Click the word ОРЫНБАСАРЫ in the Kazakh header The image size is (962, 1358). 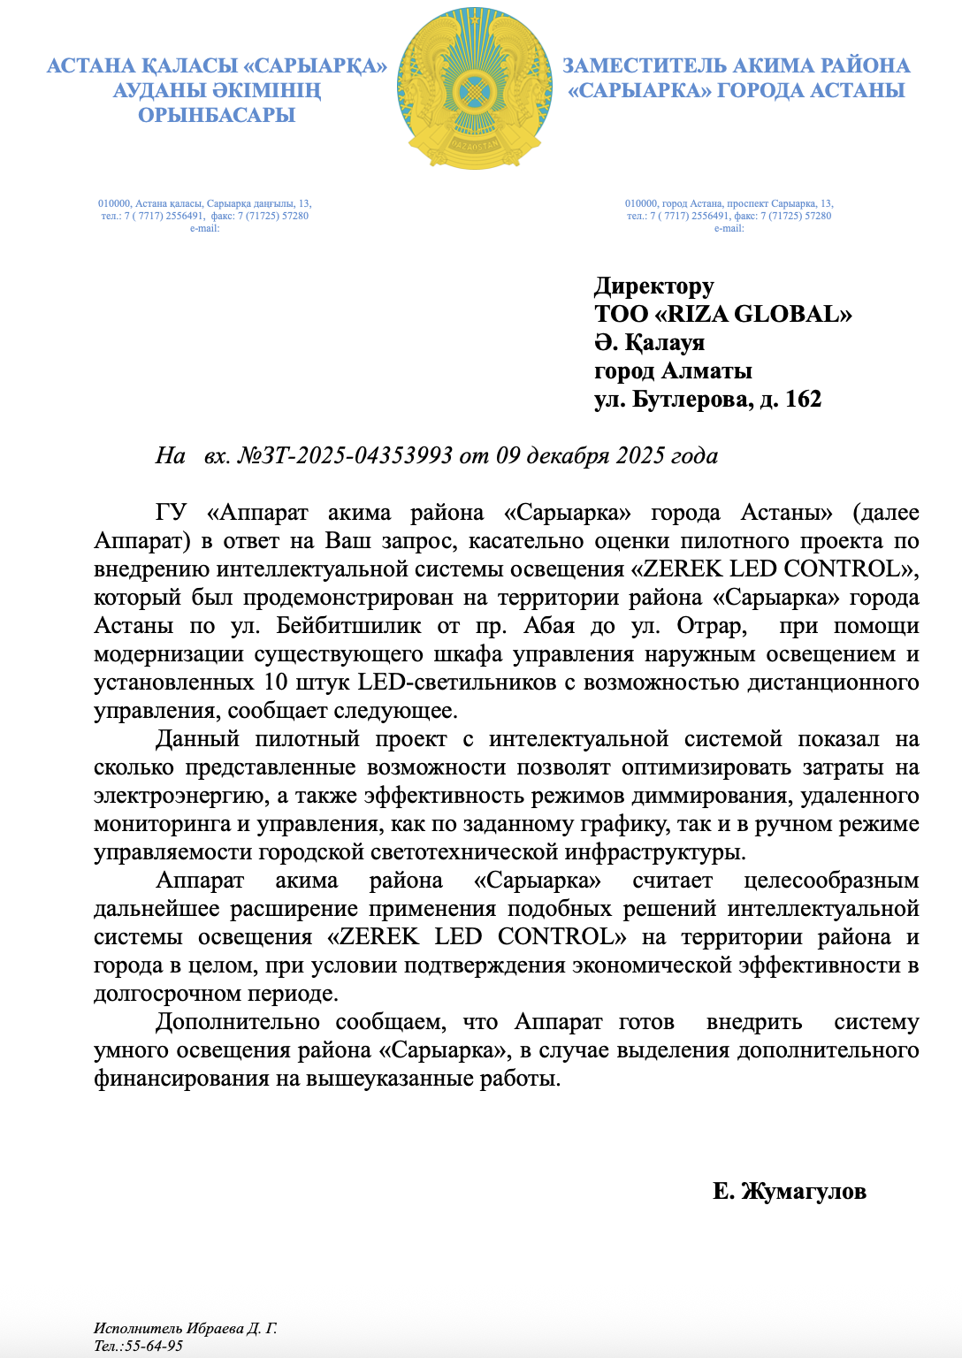click(x=217, y=115)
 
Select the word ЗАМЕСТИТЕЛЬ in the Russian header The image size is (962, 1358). click(x=651, y=65)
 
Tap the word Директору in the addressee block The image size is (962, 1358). click(x=653, y=286)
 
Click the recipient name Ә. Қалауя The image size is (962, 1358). click(x=649, y=342)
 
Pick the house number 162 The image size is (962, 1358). click(x=803, y=399)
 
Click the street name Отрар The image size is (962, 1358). click(x=706, y=626)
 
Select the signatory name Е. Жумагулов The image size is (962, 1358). click(x=789, y=1191)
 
